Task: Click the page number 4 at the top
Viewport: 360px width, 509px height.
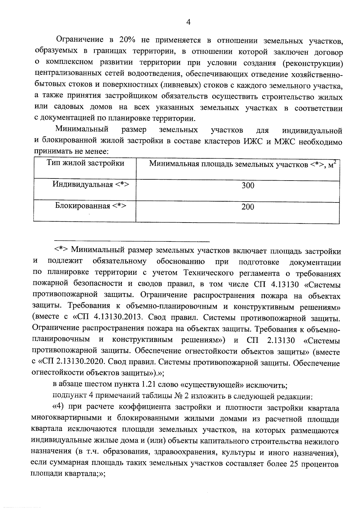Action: point(188,22)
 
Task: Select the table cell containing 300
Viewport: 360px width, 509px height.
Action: point(248,186)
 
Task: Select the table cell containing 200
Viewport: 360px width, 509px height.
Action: point(248,207)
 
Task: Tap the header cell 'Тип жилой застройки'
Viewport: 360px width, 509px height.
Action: point(85,163)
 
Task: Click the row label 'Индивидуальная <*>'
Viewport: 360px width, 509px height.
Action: point(91,184)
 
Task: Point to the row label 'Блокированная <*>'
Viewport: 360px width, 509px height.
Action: point(90,206)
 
